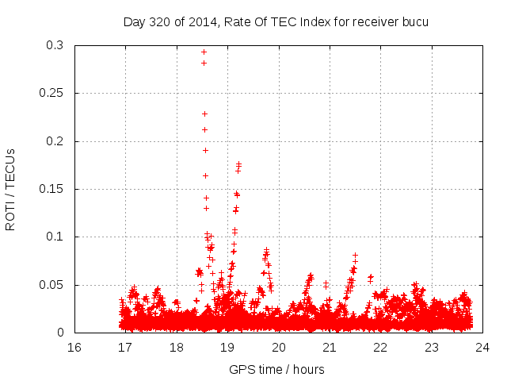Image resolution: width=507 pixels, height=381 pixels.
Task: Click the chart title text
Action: coord(276,21)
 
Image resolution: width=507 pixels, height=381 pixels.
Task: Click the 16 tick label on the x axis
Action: coord(74,348)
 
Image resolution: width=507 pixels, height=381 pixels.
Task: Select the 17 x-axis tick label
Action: coord(125,348)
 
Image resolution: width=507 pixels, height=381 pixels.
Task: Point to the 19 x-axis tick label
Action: coord(227,348)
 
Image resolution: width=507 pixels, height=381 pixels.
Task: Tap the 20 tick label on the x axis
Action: coord(278,348)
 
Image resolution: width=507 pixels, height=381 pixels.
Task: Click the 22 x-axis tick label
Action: coord(380,348)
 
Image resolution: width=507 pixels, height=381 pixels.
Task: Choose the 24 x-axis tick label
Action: coord(482,348)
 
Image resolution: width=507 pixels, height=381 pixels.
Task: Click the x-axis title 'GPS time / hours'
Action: coord(276,369)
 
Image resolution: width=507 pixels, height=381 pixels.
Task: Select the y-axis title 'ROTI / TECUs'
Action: coord(10,190)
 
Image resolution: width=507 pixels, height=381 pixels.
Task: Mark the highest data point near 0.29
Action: coord(204,52)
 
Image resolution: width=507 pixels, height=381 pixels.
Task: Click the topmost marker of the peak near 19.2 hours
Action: coord(238,164)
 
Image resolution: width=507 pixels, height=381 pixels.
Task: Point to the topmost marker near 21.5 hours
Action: coord(356,256)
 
